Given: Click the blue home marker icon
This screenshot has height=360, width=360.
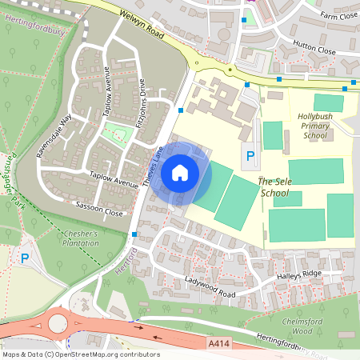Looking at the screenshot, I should point(180,172).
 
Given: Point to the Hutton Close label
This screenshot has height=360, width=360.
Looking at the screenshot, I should point(314,50).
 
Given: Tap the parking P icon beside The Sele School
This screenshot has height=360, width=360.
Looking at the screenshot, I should point(250,157).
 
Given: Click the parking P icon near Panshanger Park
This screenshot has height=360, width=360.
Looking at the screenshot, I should point(25,258).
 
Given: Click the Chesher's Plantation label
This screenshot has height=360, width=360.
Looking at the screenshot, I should point(79,238).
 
